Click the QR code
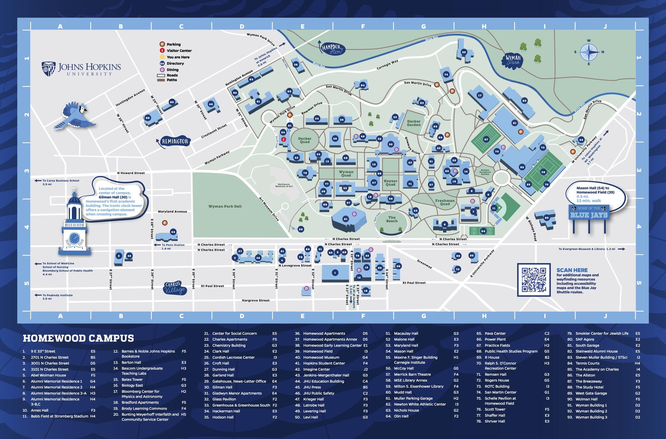tap(533, 280)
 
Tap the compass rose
tap(589, 52)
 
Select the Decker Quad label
tap(304, 140)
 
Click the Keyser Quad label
tap(390, 183)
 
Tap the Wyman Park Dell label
tap(225, 206)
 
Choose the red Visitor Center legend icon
tap(162, 51)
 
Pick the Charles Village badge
tap(174, 288)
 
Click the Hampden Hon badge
tap(332, 49)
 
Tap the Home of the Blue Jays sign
tap(589, 213)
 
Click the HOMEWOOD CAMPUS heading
tap(78, 338)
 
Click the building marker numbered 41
tap(345, 219)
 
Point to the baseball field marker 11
tap(494, 208)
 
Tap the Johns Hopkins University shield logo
tap(48, 69)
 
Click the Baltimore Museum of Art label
tap(284, 185)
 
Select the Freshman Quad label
tap(445, 202)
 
